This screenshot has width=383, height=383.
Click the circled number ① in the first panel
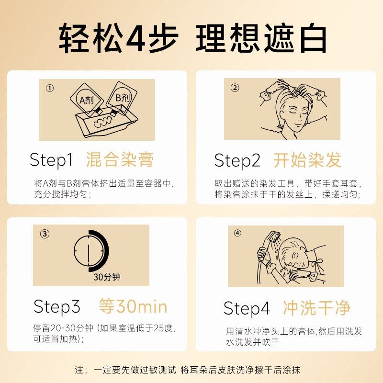(x=50, y=88)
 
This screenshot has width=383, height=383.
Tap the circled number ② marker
(x=235, y=88)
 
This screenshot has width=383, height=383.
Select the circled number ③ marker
(x=45, y=234)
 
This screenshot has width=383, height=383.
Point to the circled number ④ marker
(x=238, y=233)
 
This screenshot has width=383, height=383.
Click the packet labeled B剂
(x=122, y=97)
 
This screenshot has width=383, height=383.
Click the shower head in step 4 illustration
(x=274, y=237)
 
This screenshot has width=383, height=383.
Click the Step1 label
(x=51, y=160)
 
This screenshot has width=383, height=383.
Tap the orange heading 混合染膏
(x=120, y=160)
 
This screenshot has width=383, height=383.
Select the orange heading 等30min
(x=133, y=306)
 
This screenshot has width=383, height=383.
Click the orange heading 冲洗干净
(x=316, y=308)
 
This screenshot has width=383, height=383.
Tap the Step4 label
(x=247, y=309)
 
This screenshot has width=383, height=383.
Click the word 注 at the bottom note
(x=79, y=370)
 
